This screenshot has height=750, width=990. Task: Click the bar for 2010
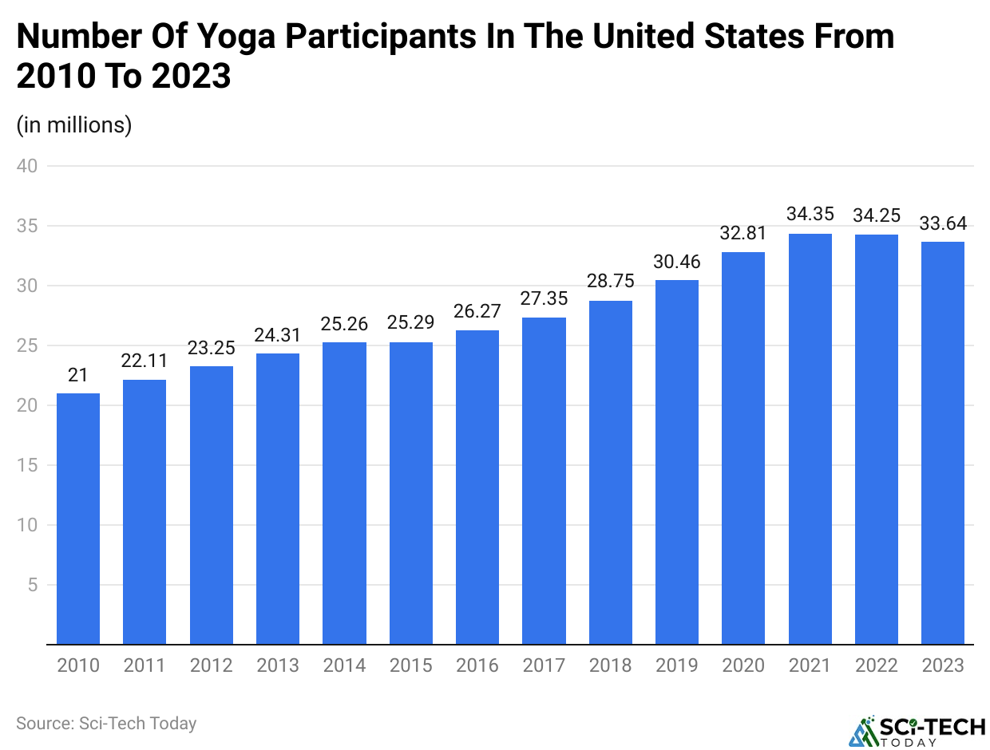tap(77, 519)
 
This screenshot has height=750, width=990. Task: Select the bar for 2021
tap(810, 439)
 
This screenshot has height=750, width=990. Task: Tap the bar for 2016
tap(477, 487)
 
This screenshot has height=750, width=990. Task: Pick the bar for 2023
tap(943, 443)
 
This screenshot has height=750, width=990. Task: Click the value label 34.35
tap(810, 215)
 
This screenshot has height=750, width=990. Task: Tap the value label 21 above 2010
tap(77, 375)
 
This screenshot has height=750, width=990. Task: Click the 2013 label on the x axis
tap(278, 665)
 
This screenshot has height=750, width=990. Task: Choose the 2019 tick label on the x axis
tap(677, 665)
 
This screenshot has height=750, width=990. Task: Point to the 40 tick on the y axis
tap(30, 166)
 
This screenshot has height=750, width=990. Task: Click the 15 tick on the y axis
tap(30, 465)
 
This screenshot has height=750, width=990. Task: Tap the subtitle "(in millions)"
tap(74, 125)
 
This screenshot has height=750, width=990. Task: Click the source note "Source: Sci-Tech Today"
tap(106, 724)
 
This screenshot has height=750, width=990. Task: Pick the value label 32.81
tap(743, 233)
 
